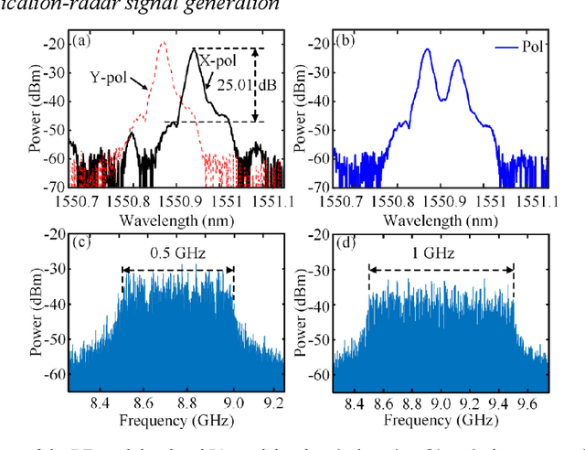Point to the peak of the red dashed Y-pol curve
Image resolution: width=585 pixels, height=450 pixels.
pos(163,42)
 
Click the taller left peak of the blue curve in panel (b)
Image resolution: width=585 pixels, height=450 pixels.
pos(427,49)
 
